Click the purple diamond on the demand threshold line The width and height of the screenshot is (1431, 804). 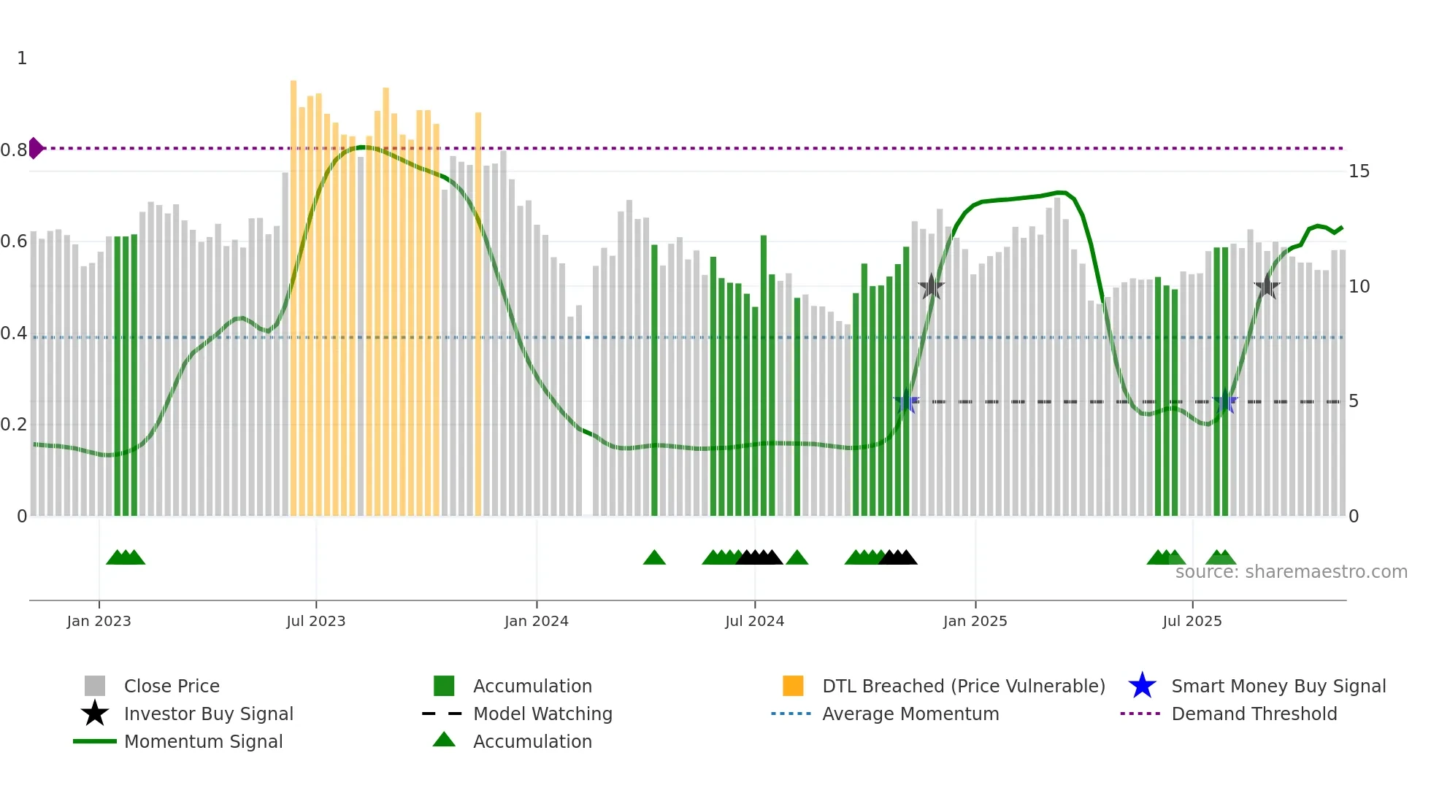click(36, 148)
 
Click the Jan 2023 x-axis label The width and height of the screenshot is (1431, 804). click(99, 621)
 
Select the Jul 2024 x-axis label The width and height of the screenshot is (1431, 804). click(754, 621)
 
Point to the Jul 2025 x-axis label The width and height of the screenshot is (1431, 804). click(1192, 621)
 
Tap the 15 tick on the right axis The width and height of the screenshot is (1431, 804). click(1359, 171)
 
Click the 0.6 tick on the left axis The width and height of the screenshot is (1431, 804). click(14, 241)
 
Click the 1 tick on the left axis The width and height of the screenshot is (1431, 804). click(22, 58)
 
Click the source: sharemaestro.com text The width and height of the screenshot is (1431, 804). click(1291, 572)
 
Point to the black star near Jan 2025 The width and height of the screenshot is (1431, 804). click(931, 287)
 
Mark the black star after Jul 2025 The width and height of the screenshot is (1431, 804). click(1267, 287)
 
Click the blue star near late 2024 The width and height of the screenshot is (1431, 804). click(906, 401)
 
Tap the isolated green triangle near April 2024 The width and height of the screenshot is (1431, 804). click(654, 558)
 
